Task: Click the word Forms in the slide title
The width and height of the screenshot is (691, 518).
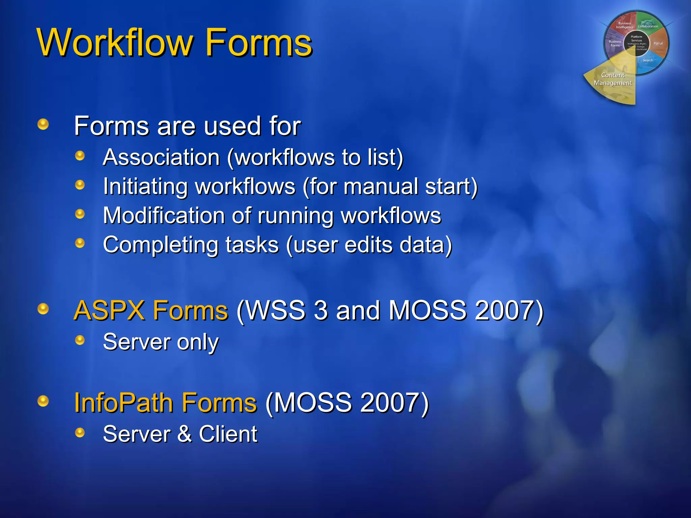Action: point(259,43)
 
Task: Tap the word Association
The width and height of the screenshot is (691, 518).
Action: point(161,157)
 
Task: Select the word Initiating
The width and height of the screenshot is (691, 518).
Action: point(145,186)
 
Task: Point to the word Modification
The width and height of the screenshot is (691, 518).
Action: point(164,215)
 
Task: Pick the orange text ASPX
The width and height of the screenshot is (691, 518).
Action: point(109,310)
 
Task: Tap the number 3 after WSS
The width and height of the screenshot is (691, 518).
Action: point(321,310)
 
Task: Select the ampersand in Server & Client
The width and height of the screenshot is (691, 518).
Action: point(184,434)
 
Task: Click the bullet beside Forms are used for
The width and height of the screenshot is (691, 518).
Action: point(43,124)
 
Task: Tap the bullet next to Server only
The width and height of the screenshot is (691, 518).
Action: point(80,340)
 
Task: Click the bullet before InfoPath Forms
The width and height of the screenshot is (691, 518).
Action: point(43,401)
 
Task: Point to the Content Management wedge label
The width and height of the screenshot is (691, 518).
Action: point(613,79)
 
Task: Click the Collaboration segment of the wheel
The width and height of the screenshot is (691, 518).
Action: point(648,26)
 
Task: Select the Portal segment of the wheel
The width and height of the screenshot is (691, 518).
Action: point(658,44)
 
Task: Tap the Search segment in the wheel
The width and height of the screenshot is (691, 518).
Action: point(648,60)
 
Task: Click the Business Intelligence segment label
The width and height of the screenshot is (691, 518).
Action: point(625,25)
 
